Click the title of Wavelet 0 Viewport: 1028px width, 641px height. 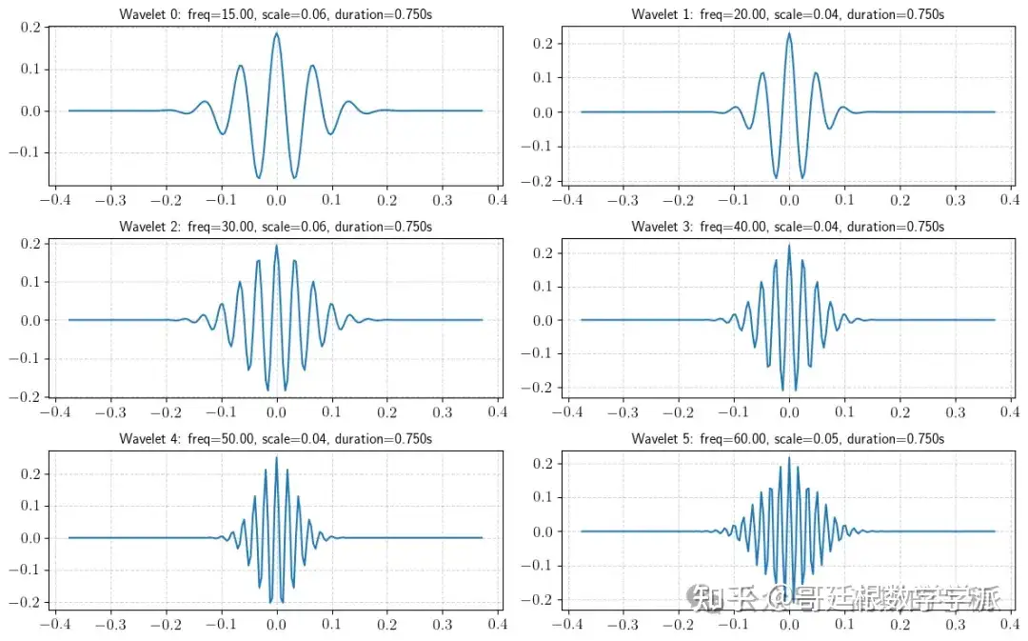click(x=276, y=14)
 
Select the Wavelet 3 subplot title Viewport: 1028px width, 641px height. click(x=788, y=227)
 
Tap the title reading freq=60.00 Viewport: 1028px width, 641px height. click(x=788, y=438)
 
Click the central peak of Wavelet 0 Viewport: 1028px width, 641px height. click(x=276, y=33)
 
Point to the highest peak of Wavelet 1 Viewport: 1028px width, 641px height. click(x=789, y=33)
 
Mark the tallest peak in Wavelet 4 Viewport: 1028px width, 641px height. click(x=276, y=457)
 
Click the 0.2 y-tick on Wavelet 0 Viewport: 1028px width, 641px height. click(x=30, y=27)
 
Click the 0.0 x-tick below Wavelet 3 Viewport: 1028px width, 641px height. click(x=789, y=412)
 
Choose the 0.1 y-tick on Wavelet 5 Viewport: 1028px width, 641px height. click(x=542, y=497)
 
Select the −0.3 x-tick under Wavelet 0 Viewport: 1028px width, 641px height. click(x=110, y=200)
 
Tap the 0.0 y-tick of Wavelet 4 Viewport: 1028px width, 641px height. click(x=30, y=538)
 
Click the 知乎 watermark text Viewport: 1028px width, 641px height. click(x=716, y=600)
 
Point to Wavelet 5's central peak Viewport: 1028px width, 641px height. click(x=789, y=458)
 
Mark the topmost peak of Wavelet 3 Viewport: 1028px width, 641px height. click(x=789, y=246)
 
